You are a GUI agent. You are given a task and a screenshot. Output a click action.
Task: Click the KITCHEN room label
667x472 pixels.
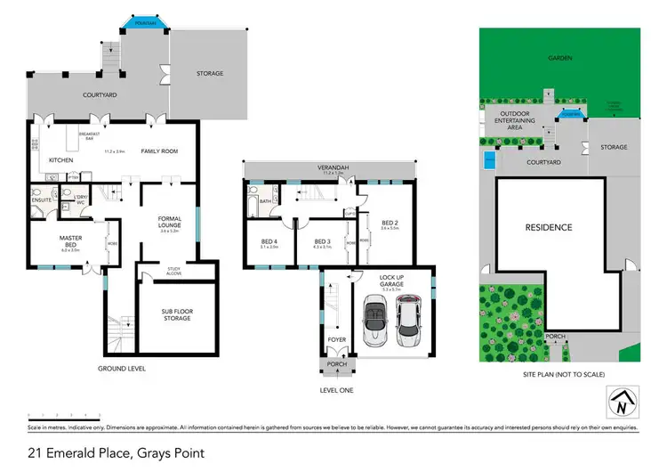[60, 160]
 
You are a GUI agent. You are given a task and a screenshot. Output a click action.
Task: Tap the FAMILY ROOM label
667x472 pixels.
[159, 151]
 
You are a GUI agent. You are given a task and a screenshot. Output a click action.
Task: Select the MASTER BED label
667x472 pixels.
[70, 240]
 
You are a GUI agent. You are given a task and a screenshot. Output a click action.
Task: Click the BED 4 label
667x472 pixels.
[269, 242]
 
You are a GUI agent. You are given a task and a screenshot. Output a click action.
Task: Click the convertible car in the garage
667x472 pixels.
[374, 320]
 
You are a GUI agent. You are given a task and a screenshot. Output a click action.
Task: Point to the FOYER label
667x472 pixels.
[335, 339]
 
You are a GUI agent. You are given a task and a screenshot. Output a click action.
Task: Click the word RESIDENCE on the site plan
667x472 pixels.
[548, 227]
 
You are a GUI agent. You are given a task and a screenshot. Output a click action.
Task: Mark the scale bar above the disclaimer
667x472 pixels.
[64, 416]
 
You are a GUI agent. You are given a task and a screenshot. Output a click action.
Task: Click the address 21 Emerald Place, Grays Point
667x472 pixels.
[116, 452]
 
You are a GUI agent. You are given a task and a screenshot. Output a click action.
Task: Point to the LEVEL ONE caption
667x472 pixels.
[336, 389]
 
